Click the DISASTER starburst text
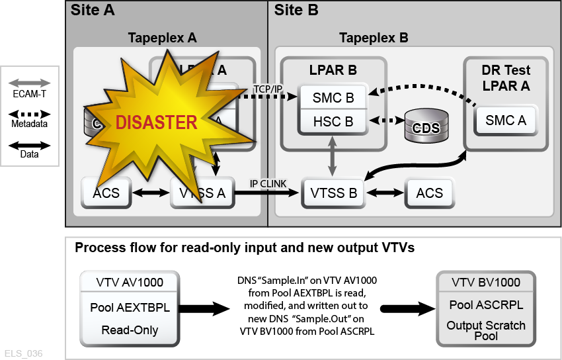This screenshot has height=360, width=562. pos(157,122)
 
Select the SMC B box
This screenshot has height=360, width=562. pos(333,99)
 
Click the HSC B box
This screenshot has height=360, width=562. pos(333,121)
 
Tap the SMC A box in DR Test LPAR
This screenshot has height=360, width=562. pos(506,120)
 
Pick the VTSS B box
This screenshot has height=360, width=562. pos(333,194)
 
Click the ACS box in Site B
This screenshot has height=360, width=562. pos(429,193)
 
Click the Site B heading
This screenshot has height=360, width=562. pos(296,10)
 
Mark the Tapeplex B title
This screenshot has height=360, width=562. pos(374,38)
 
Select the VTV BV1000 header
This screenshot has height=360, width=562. pos(486,282)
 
